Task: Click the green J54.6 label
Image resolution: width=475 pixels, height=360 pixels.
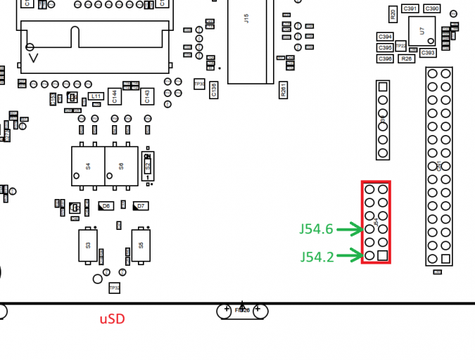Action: [x=316, y=229]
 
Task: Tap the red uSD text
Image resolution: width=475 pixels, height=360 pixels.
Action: [x=112, y=319]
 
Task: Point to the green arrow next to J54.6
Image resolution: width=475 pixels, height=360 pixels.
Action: [x=349, y=229]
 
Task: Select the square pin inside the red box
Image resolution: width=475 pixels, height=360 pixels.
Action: [x=383, y=255]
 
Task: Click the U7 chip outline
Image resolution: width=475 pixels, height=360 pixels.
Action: [x=422, y=31]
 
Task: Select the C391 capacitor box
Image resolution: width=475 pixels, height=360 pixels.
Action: [x=410, y=8]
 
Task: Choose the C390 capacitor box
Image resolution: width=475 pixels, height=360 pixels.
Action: [x=431, y=8]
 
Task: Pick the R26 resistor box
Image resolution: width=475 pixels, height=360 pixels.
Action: [x=406, y=58]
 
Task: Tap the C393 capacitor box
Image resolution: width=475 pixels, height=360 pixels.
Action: [x=428, y=53]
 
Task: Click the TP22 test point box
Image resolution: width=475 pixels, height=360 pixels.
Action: [x=400, y=46]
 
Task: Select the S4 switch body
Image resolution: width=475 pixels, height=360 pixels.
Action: [x=88, y=166]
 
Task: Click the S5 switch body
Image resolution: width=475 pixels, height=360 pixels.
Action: [x=141, y=245]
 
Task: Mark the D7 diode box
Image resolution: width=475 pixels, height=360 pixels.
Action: [x=141, y=206]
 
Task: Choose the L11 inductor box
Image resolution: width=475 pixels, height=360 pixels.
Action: [x=96, y=96]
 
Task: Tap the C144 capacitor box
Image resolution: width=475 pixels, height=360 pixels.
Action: [x=115, y=96]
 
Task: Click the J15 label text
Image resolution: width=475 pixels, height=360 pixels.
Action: [x=246, y=18]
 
